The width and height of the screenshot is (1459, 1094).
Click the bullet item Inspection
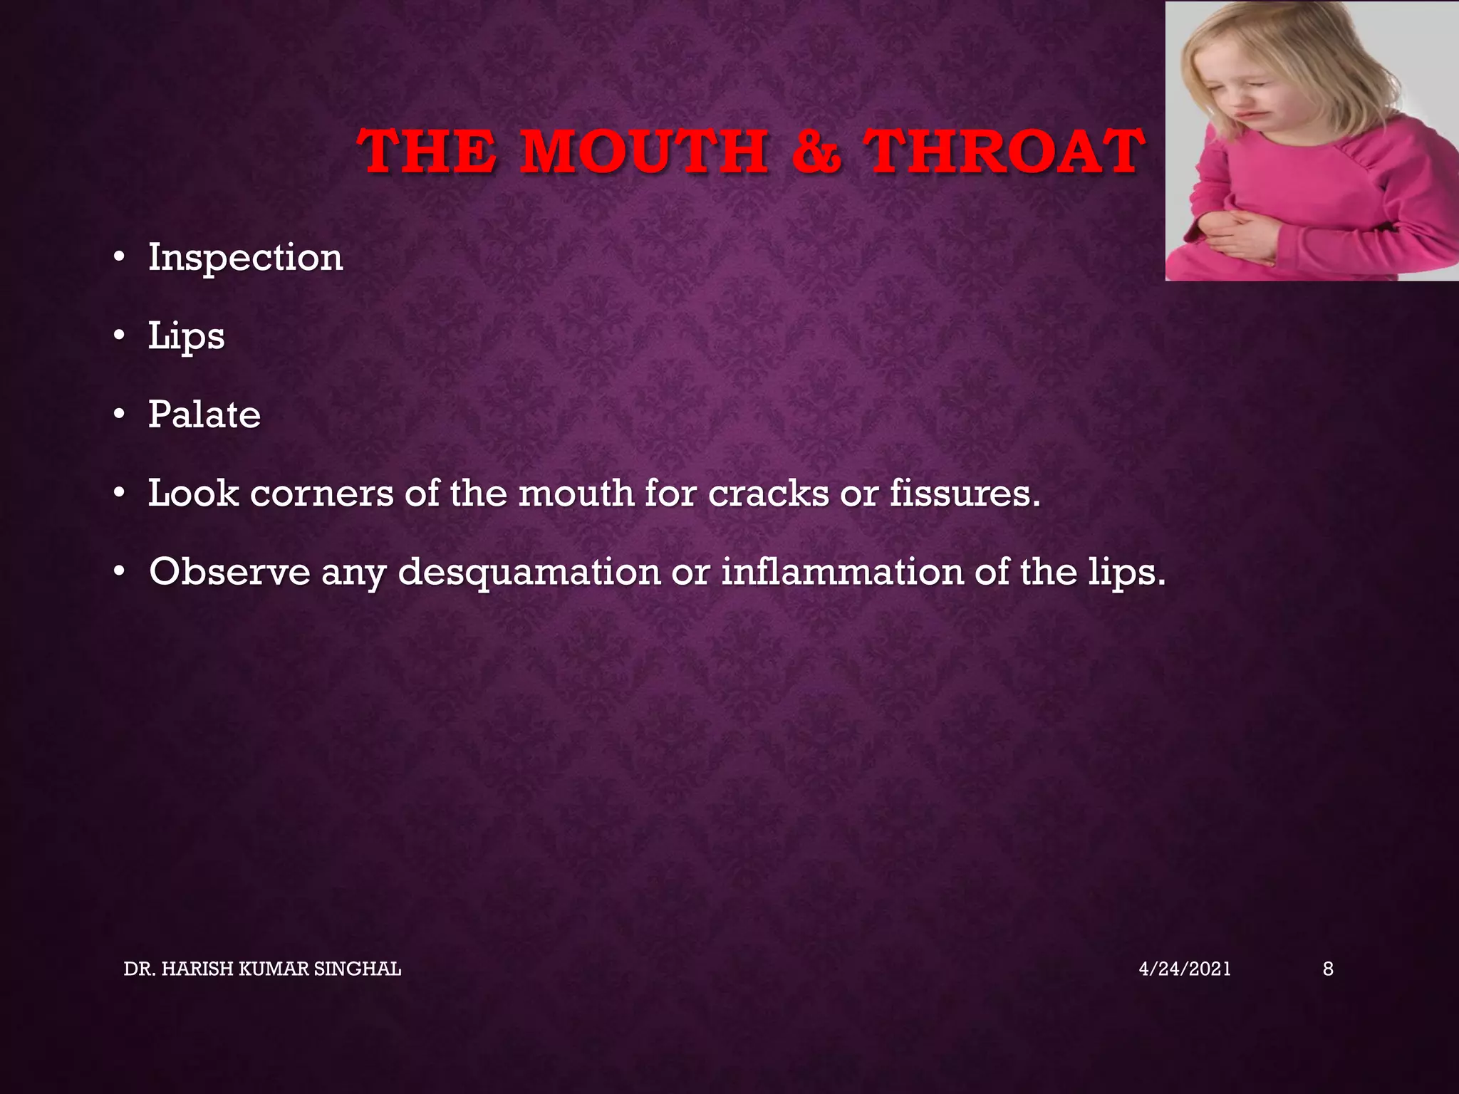(245, 258)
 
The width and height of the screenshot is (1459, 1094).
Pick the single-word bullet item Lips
(186, 336)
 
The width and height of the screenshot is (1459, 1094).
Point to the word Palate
(204, 415)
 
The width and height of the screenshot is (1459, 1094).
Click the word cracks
(768, 493)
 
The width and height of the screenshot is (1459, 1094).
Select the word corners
(321, 493)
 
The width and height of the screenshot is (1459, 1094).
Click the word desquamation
(529, 572)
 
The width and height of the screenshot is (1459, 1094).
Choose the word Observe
(229, 572)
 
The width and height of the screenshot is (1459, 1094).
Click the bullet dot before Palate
(119, 415)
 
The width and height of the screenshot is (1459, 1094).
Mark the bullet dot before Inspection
(119, 258)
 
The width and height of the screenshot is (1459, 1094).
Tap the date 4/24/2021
(1185, 969)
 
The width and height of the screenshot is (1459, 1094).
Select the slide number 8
(1328, 969)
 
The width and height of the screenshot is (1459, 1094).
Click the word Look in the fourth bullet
(193, 493)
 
